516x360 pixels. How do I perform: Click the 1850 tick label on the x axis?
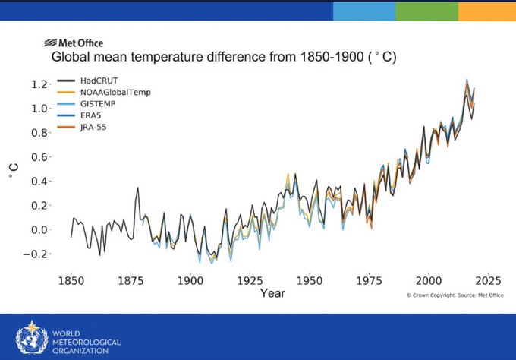pyautogui.click(x=71, y=279)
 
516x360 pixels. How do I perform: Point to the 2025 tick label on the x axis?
pyautogui.click(x=488, y=279)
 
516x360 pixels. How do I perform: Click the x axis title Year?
pyautogui.click(x=272, y=292)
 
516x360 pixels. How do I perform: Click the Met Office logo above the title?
pyautogui.click(x=74, y=43)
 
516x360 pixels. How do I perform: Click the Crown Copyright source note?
pyautogui.click(x=447, y=295)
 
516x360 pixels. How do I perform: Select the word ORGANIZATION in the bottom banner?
pyautogui.click(x=85, y=351)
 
